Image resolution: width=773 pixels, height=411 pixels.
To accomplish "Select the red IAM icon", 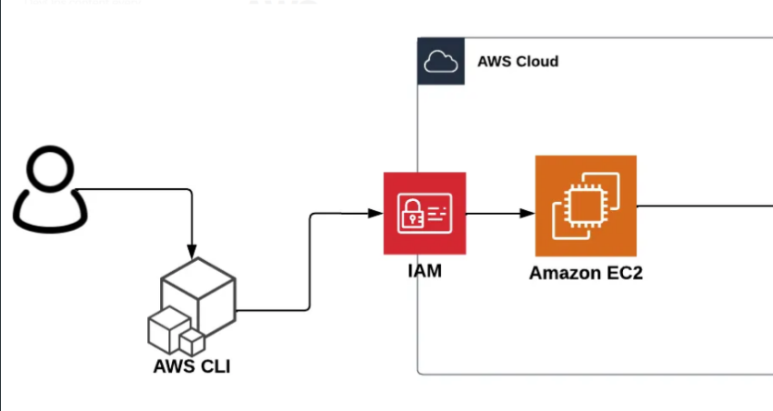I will click(x=424, y=214).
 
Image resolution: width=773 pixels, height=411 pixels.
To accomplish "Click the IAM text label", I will click(x=424, y=271).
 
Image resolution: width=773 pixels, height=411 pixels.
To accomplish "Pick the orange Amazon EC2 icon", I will click(x=585, y=206).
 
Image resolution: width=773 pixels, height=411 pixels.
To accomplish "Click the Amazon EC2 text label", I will click(x=585, y=273).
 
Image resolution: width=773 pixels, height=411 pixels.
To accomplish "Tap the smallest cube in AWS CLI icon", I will click(x=192, y=342).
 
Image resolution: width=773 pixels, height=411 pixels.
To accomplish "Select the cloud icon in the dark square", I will click(x=440, y=61).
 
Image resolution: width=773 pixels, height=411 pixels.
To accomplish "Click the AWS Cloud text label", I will click(x=517, y=62).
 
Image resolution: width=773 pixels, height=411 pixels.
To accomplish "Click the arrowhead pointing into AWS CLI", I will click(x=192, y=249).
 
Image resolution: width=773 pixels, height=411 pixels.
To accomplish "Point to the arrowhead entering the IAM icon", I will click(x=376, y=214).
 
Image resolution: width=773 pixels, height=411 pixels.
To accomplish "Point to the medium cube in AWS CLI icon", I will click(x=168, y=328).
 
